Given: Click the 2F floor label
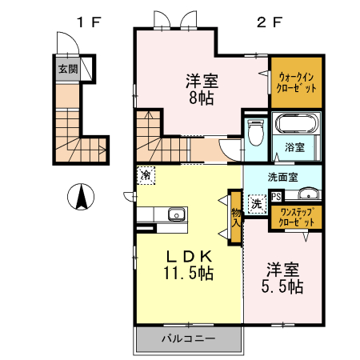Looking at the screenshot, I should (266, 22).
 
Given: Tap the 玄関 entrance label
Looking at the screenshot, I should (67, 69).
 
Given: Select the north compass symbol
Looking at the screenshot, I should (81, 196).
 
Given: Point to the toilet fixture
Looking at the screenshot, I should (256, 132).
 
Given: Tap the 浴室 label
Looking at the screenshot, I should (295, 147).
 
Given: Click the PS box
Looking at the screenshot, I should (276, 195).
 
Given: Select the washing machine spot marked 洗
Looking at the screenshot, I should (257, 203).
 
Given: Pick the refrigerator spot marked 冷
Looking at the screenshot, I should (146, 174).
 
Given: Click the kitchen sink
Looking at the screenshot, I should (175, 214).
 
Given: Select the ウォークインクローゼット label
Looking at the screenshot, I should (297, 82).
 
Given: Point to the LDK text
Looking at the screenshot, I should (189, 256).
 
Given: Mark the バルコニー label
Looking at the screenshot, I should (188, 339).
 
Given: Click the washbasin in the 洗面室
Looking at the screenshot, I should (307, 194).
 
